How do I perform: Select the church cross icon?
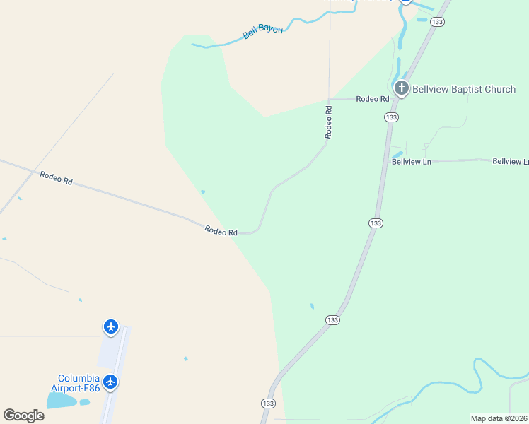pos(402,88)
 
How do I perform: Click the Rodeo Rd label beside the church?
pos(373,99)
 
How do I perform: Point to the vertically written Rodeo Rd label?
pos(328,121)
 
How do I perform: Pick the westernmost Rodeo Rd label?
pos(57,178)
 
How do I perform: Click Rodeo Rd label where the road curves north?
pos(221,230)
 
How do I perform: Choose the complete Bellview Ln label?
pos(412,161)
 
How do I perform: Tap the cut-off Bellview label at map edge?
pos(510,162)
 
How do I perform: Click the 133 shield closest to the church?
pos(392,117)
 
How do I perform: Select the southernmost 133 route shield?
pos(268,404)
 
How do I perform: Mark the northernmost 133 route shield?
pos(438,23)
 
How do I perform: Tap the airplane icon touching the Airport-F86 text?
pos(110,382)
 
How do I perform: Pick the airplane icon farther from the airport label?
pos(110,326)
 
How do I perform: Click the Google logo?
pos(23,415)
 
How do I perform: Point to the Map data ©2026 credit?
pos(498,418)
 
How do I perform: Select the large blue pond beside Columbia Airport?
pos(62,401)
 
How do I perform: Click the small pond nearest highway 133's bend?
pos(312,306)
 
